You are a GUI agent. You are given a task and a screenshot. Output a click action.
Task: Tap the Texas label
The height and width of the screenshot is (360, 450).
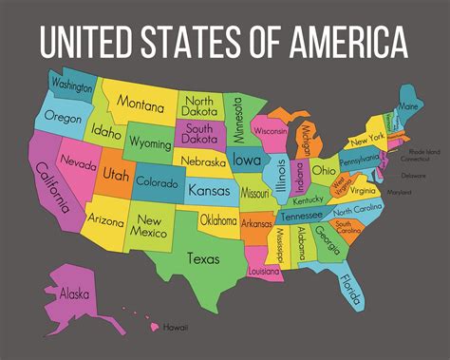(203, 256)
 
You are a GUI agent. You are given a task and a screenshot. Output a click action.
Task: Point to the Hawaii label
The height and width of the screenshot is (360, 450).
(175, 328)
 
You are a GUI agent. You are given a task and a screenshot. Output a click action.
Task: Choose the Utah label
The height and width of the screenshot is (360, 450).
(116, 176)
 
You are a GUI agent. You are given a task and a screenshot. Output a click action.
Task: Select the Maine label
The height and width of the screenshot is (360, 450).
(409, 106)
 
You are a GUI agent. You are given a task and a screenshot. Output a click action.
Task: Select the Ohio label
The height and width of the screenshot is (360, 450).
(323, 171)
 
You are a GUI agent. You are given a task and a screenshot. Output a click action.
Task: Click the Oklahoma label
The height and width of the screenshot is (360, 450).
(217, 221)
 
